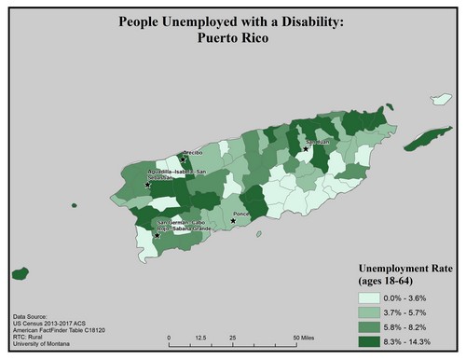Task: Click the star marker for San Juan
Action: click(x=305, y=148)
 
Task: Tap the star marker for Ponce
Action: click(x=233, y=220)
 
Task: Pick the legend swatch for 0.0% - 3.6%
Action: click(x=370, y=297)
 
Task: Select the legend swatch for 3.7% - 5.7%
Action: click(x=370, y=312)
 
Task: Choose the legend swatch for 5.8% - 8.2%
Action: click(x=370, y=326)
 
